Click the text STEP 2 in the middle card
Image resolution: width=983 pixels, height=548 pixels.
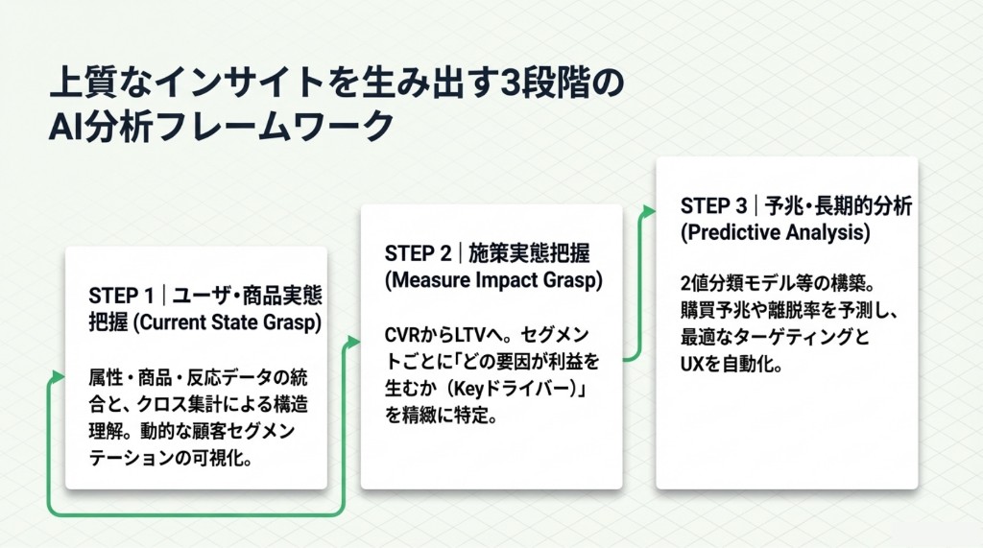click(x=418, y=253)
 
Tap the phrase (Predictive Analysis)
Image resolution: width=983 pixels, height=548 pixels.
click(x=775, y=233)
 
